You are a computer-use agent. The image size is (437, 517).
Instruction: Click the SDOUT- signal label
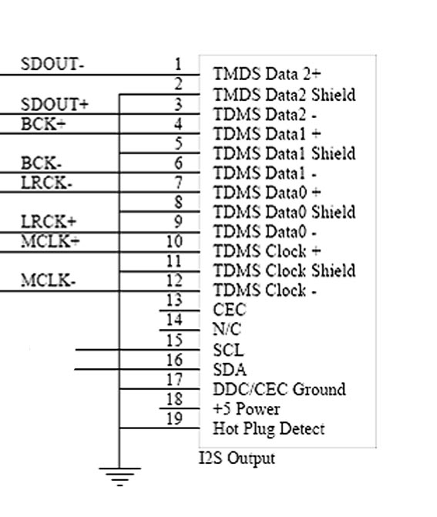click(52, 64)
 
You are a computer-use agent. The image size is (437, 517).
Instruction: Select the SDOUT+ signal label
click(55, 105)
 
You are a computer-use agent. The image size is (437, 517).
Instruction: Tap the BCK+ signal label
click(43, 124)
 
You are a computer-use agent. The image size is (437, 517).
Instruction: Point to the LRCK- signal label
click(46, 183)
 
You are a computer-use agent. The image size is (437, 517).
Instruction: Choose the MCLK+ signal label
click(50, 241)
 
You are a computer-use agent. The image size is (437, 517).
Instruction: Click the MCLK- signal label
click(49, 280)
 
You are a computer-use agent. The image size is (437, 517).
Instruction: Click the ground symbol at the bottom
click(119, 476)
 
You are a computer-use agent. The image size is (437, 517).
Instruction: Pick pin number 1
click(178, 64)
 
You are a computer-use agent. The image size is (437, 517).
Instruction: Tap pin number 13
click(174, 300)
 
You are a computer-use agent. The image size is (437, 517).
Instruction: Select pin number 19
click(174, 418)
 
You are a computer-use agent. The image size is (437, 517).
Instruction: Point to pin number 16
click(174, 360)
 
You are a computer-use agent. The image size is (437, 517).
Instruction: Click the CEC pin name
click(230, 310)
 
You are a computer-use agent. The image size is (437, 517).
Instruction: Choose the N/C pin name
click(227, 329)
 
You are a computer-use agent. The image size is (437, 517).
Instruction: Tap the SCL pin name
click(229, 350)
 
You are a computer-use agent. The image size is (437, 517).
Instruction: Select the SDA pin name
click(230, 370)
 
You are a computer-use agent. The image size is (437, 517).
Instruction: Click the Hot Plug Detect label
click(269, 429)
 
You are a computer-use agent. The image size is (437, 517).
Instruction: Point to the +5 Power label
click(247, 409)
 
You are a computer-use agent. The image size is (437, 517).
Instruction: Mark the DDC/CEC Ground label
click(279, 389)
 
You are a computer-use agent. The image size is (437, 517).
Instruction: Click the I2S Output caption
click(237, 458)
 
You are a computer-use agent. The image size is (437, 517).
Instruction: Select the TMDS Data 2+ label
click(267, 73)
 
